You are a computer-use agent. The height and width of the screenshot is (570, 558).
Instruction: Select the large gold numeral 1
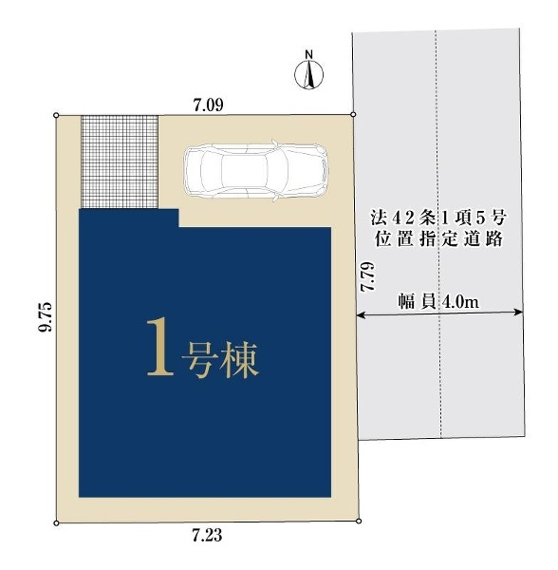coord(160,350)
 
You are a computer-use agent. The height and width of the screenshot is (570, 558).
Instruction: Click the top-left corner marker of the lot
coord(56,116)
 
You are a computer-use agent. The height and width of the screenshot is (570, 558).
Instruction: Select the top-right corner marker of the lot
coord(353,115)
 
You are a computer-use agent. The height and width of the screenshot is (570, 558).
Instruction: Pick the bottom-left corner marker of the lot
coord(56,522)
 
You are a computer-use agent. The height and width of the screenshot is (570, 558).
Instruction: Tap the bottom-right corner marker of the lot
coord(359,522)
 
